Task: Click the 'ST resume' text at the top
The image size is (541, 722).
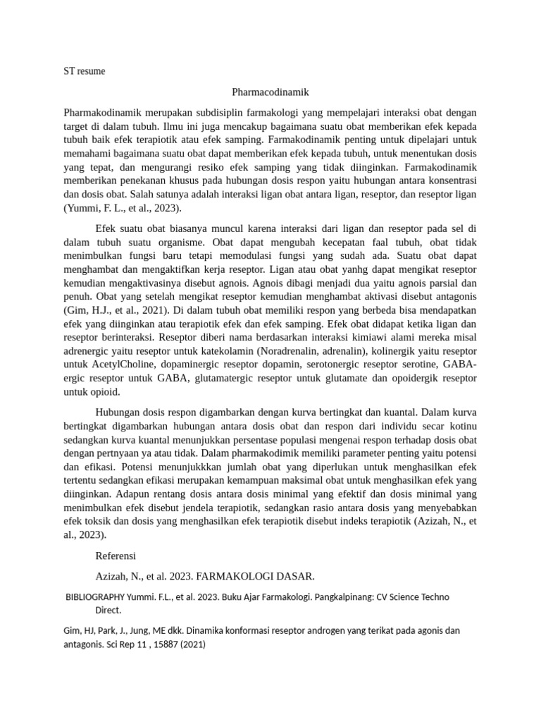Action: [84, 71]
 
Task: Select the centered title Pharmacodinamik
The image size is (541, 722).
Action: [270, 92]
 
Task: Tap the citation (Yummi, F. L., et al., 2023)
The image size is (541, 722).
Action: [123, 208]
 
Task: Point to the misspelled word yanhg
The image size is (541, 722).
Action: [347, 269]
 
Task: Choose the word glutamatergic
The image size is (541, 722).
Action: [221, 378]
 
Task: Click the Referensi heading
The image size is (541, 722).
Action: [116, 556]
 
